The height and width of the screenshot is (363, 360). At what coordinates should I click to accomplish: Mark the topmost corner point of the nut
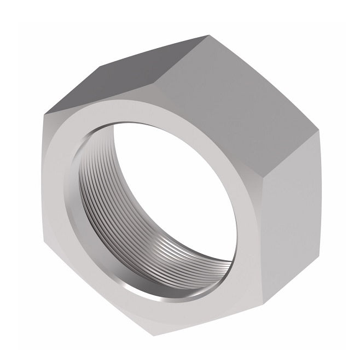tap(207, 36)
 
